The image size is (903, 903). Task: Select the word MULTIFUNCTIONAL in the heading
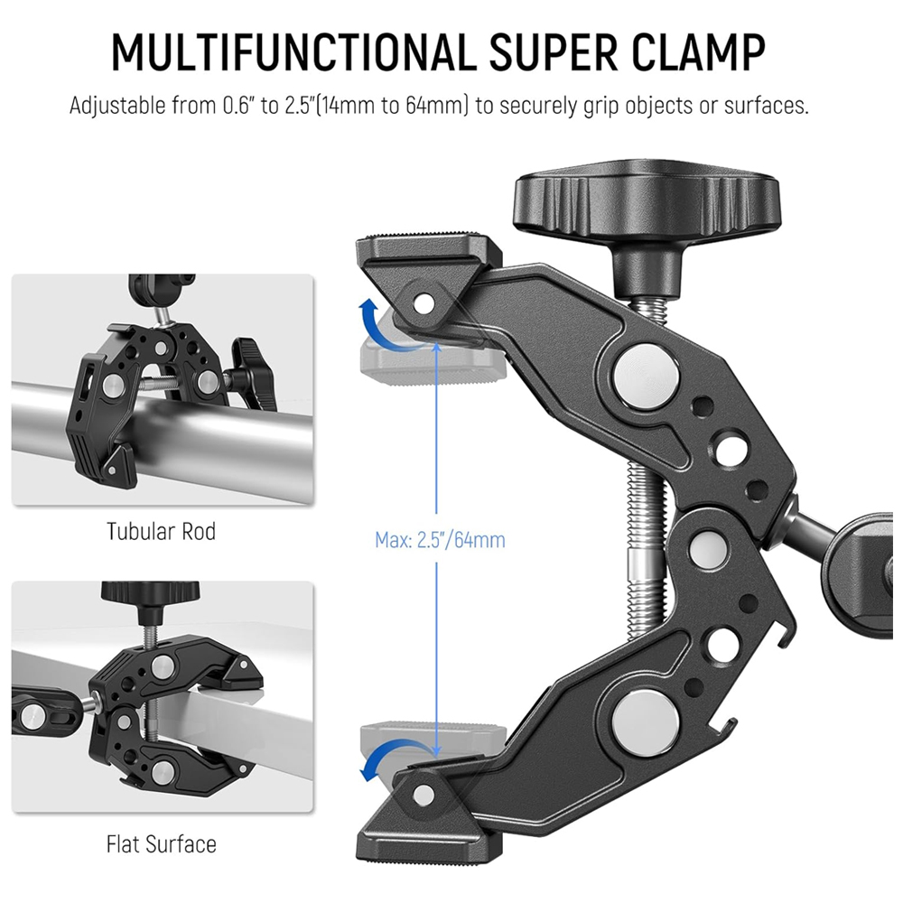click(294, 53)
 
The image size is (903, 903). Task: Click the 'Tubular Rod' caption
click(162, 531)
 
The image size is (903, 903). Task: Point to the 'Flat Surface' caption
click(162, 844)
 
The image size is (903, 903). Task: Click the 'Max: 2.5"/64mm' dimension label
click(440, 540)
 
